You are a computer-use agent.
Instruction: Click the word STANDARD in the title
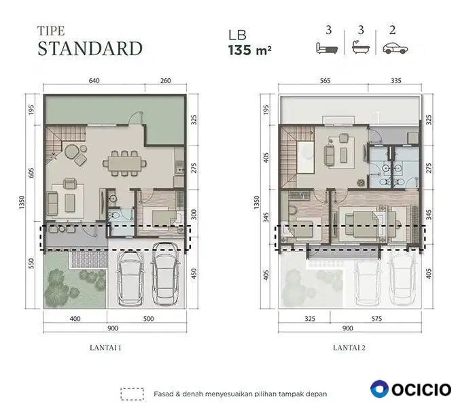pyautogui.click(x=90, y=48)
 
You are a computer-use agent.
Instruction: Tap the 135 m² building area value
pyautogui.click(x=250, y=50)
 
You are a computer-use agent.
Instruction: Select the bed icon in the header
pyautogui.click(x=327, y=48)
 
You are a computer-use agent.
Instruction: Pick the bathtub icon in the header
pyautogui.click(x=361, y=48)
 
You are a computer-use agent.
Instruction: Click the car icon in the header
pyautogui.click(x=395, y=48)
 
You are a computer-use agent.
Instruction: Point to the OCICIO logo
pyautogui.click(x=410, y=389)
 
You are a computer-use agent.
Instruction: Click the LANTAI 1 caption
pyautogui.click(x=105, y=347)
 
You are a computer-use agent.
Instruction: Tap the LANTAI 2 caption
pyautogui.click(x=349, y=347)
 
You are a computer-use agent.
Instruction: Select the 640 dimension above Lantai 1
pyautogui.click(x=94, y=80)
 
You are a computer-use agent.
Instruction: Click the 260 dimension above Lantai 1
pyautogui.click(x=166, y=80)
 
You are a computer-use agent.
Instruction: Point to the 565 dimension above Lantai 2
pyautogui.click(x=325, y=80)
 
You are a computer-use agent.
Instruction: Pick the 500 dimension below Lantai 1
pyautogui.click(x=148, y=318)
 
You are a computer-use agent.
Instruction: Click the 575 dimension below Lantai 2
pyautogui.click(x=376, y=318)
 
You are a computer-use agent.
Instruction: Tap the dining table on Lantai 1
pyautogui.click(x=124, y=163)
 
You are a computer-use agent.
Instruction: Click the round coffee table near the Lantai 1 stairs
pyautogui.click(x=72, y=152)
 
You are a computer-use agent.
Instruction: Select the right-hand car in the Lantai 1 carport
pyautogui.click(x=165, y=273)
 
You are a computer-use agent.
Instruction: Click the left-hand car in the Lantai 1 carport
pyautogui.click(x=130, y=278)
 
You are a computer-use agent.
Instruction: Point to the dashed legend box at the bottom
pyautogui.click(x=132, y=394)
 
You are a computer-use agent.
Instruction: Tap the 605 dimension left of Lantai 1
pyautogui.click(x=31, y=173)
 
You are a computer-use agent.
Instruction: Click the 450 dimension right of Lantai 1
pyautogui.click(x=194, y=273)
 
